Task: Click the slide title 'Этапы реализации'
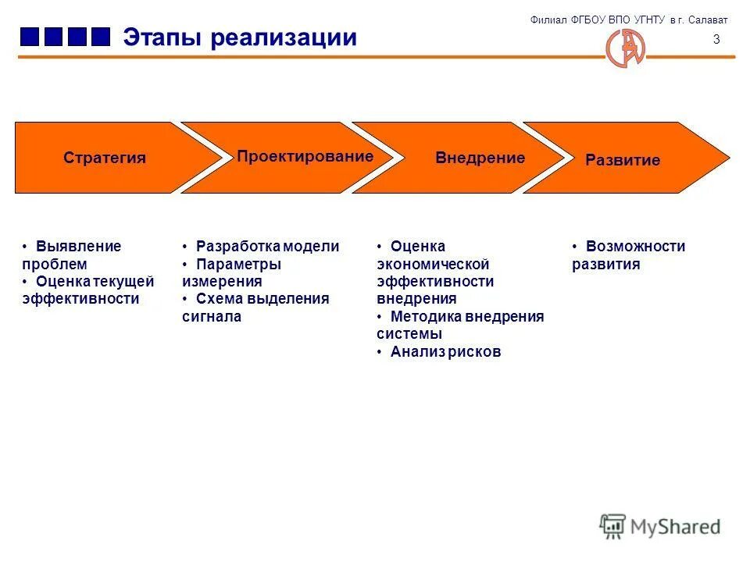coord(239,37)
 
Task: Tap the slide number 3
coord(716,40)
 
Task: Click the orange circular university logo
coord(626,48)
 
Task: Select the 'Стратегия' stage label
coord(105,158)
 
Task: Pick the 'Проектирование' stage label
coord(305,156)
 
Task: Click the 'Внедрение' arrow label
coord(480,158)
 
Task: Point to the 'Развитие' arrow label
coord(623,160)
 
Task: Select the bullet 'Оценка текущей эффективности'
coord(88,290)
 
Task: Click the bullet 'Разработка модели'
coord(267,247)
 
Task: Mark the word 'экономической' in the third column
coord(433,265)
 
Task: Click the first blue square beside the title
coord(30,37)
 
